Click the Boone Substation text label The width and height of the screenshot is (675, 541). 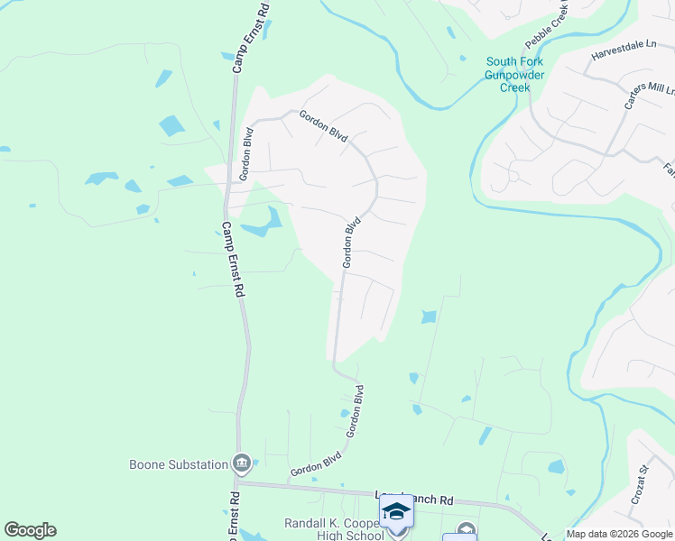179,464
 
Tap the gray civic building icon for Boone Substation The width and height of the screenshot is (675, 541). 242,464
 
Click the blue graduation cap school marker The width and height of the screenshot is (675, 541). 396,512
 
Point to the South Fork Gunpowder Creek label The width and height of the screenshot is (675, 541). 514,75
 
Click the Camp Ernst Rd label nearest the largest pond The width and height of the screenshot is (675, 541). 233,261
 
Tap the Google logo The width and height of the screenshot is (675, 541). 30,530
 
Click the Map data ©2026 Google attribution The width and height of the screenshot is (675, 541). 619,534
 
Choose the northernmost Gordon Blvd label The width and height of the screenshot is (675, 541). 323,124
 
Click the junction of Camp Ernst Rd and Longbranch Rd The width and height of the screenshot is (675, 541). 238,483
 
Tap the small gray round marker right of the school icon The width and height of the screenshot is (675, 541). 466,530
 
